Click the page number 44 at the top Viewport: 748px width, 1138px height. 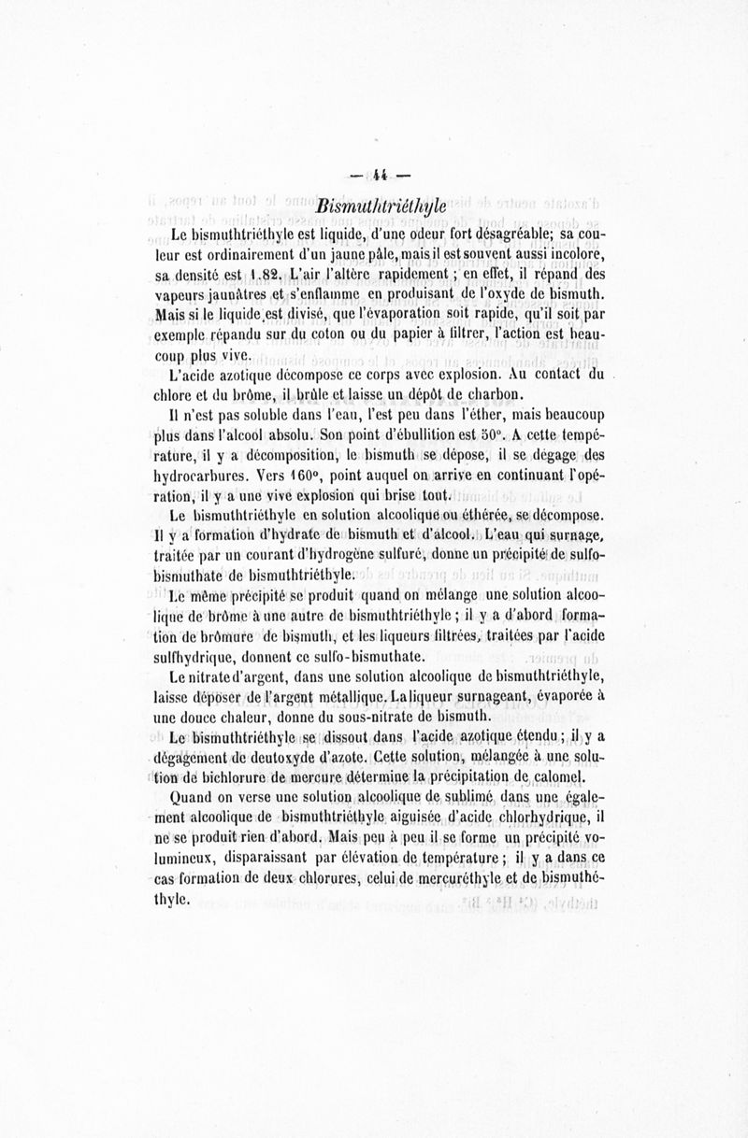click(x=381, y=174)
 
